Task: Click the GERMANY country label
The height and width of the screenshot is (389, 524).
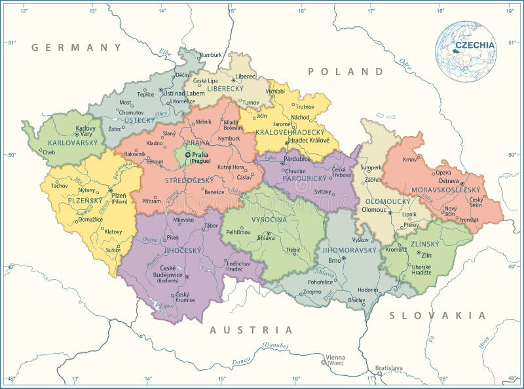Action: pyautogui.click(x=77, y=47)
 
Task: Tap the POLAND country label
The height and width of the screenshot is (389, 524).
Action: pyautogui.click(x=346, y=71)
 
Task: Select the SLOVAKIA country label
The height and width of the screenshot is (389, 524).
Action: pyautogui.click(x=438, y=315)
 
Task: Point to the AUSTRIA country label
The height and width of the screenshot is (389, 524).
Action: pyautogui.click(x=251, y=330)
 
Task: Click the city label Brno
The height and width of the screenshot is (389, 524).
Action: pyautogui.click(x=335, y=260)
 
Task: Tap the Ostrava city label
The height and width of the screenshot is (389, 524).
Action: pyautogui.click(x=449, y=180)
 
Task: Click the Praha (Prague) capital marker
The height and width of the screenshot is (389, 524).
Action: pyautogui.click(x=187, y=154)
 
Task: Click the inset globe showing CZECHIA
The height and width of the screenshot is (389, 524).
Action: pyautogui.click(x=466, y=51)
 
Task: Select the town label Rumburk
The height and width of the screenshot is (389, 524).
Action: pyautogui.click(x=211, y=55)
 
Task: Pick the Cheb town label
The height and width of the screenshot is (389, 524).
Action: pyautogui.click(x=48, y=152)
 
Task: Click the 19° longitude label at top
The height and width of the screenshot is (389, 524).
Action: pyautogui.click(x=510, y=10)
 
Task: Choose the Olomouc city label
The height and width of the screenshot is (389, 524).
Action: pyautogui.click(x=375, y=210)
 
